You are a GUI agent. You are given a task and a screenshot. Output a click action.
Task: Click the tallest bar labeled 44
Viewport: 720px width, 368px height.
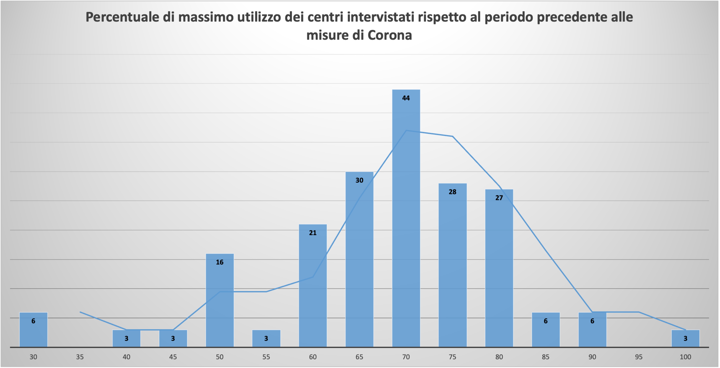[x=406, y=218]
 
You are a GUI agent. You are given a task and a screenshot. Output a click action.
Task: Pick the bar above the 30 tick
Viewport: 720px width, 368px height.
[x=33, y=330]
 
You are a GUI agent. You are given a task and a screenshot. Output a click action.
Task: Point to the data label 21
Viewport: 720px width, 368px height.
[x=313, y=233]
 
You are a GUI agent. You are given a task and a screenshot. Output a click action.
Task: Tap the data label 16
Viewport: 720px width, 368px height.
[x=220, y=262]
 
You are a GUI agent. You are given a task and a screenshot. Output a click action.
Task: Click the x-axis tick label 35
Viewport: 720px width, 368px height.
[x=80, y=357]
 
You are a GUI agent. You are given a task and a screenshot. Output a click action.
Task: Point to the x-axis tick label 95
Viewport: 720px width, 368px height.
[x=639, y=357]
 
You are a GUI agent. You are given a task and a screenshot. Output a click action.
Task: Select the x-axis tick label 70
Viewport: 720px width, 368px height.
[x=406, y=357]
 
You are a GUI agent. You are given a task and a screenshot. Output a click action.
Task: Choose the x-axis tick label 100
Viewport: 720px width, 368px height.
[x=685, y=357]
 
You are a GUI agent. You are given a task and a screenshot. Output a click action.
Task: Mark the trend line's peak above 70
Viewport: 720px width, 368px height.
[x=406, y=130]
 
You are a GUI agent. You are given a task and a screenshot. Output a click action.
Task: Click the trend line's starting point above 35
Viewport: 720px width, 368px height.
[x=80, y=312]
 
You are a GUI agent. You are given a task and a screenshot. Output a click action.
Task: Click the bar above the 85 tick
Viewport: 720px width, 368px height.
[x=546, y=330]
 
